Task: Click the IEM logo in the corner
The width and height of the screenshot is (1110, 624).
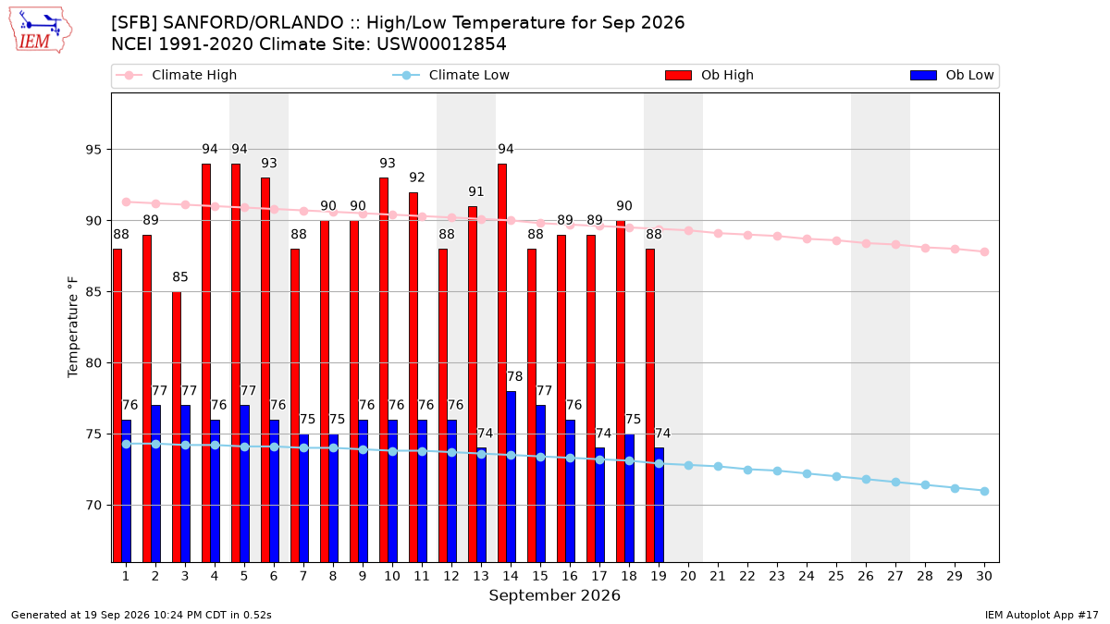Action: click(x=41, y=31)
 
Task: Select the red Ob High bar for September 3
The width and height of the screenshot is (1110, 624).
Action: click(x=177, y=427)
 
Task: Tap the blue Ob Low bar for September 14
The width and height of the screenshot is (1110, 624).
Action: click(x=511, y=476)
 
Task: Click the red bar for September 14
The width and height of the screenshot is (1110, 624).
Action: click(x=502, y=363)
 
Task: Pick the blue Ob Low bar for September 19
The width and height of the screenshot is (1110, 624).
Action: click(x=659, y=505)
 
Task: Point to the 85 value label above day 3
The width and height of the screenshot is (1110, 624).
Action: click(x=180, y=276)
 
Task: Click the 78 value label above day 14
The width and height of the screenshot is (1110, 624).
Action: click(x=515, y=377)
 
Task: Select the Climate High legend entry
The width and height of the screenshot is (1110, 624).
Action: click(x=177, y=75)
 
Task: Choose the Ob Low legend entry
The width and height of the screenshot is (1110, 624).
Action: click(x=952, y=75)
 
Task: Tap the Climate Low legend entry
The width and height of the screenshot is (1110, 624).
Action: click(x=451, y=75)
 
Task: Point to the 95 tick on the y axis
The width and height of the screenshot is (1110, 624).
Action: click(x=93, y=150)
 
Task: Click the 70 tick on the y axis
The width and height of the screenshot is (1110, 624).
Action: click(x=93, y=506)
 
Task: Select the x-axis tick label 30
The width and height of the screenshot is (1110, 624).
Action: click(x=984, y=576)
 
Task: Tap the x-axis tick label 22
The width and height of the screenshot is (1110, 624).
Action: click(x=747, y=576)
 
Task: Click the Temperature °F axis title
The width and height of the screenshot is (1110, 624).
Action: click(x=73, y=327)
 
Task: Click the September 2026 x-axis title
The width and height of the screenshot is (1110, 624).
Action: click(x=554, y=595)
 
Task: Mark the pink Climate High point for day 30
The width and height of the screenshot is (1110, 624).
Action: click(x=984, y=251)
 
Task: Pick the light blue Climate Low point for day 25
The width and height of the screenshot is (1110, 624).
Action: click(x=836, y=476)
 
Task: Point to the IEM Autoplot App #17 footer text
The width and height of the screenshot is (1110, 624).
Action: click(x=1042, y=615)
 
